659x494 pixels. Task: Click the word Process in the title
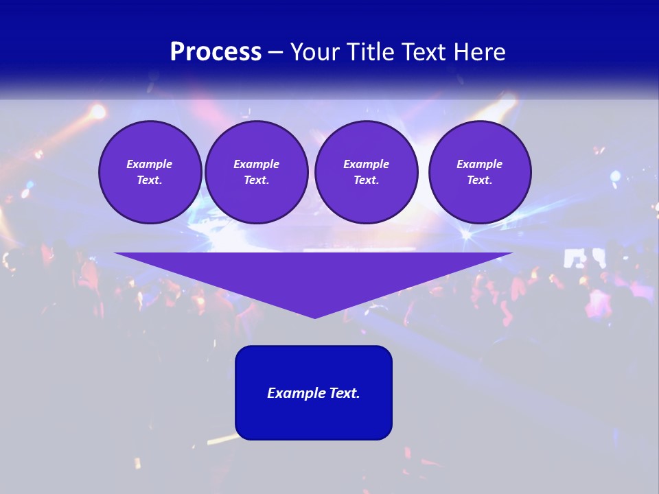click(x=216, y=52)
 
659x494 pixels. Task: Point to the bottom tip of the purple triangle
click(x=314, y=316)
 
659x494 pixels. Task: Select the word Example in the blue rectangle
click(x=297, y=393)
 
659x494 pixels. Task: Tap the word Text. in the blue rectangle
click(x=345, y=393)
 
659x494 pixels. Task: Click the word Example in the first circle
click(x=150, y=164)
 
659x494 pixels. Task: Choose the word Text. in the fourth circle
click(x=480, y=180)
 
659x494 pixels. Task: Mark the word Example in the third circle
click(x=367, y=164)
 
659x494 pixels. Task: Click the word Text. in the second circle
click(x=257, y=180)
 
